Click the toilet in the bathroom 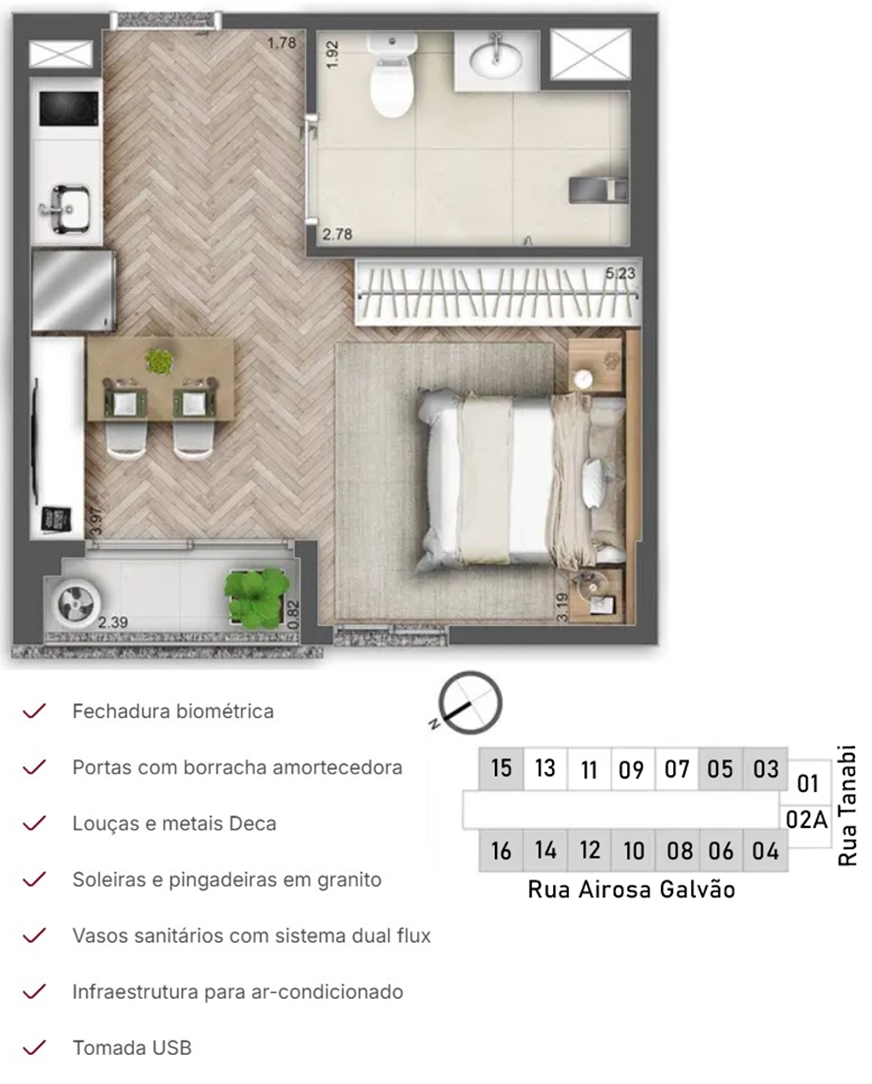pyautogui.click(x=392, y=75)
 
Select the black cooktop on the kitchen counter pyautogui.click(x=69, y=109)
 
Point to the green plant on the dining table pyautogui.click(x=160, y=360)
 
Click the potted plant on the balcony pyautogui.click(x=257, y=598)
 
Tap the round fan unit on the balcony pyautogui.click(x=75, y=603)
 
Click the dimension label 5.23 pyautogui.click(x=620, y=273)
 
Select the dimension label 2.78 pyautogui.click(x=337, y=234)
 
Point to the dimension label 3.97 pyautogui.click(x=95, y=521)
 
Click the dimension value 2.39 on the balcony pyautogui.click(x=113, y=623)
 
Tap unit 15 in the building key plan pyautogui.click(x=501, y=768)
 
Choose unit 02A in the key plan pyautogui.click(x=806, y=820)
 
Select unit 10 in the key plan pyautogui.click(x=634, y=851)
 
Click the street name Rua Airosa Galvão pyautogui.click(x=631, y=890)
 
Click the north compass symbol pyautogui.click(x=469, y=703)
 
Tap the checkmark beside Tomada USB pyautogui.click(x=34, y=1047)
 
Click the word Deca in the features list pyautogui.click(x=253, y=824)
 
